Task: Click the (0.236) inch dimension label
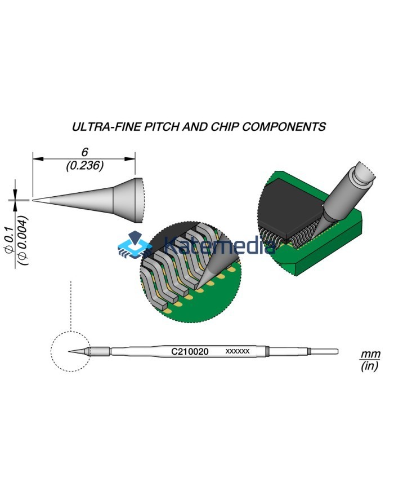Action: (x=84, y=166)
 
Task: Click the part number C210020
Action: (x=190, y=352)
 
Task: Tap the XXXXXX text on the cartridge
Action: (x=237, y=352)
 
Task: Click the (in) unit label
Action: (x=370, y=367)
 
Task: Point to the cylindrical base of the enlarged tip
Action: (x=127, y=199)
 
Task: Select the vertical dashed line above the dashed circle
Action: (x=70, y=304)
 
